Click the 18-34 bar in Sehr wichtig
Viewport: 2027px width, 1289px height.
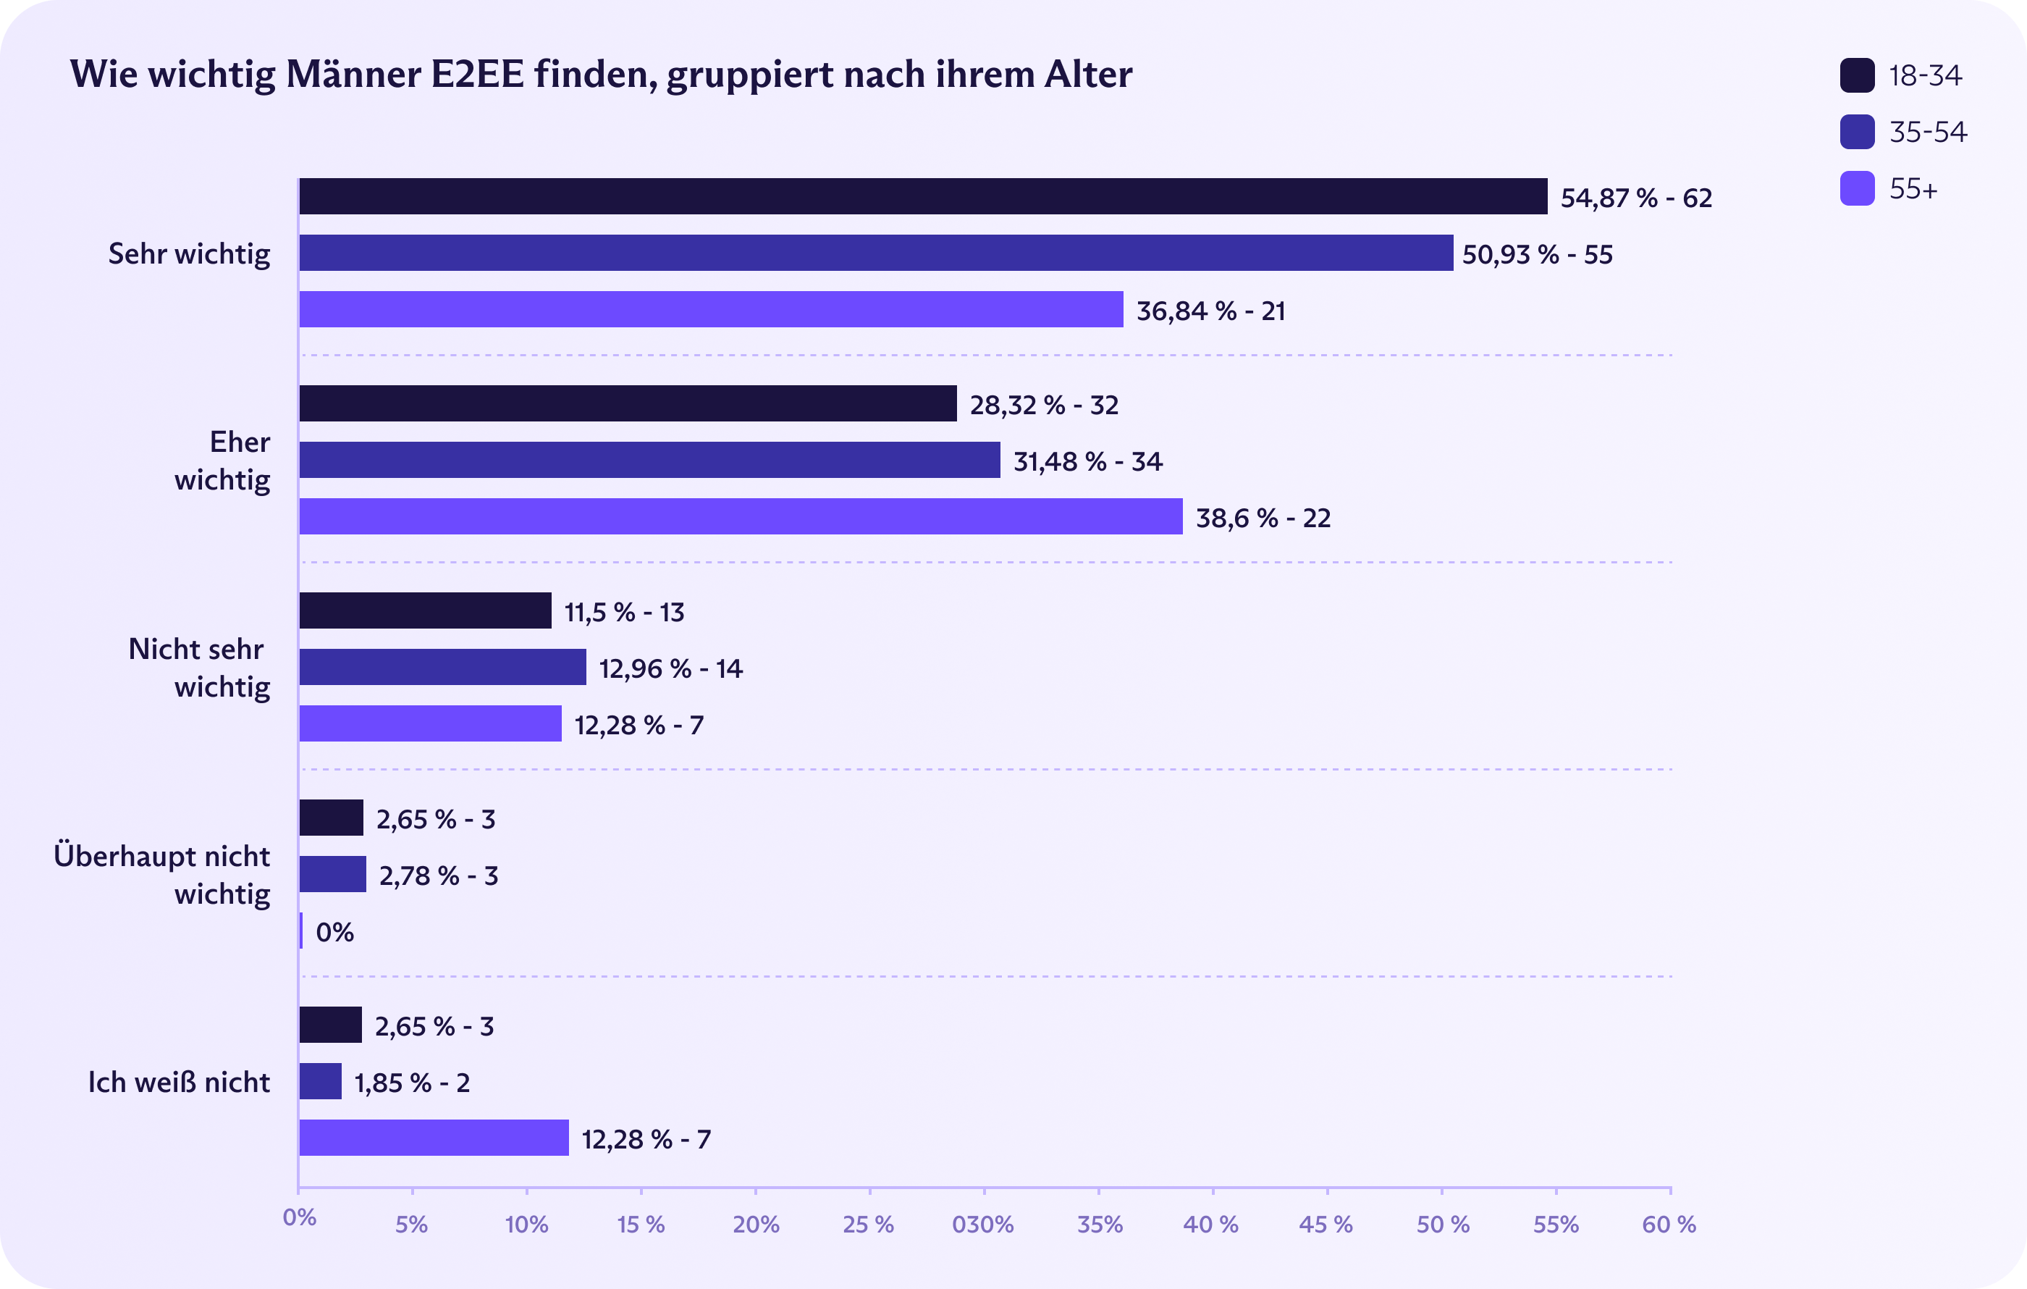[922, 196]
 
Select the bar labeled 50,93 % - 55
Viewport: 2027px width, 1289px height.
[875, 253]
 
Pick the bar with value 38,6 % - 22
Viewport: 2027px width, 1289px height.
[741, 516]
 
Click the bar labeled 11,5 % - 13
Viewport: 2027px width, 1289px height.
[425, 610]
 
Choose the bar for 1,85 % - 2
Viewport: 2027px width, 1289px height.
[320, 1081]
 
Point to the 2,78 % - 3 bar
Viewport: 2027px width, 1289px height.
[332, 874]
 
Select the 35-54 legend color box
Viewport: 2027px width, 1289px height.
[1857, 133]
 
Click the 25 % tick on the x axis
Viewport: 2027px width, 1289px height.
[869, 1224]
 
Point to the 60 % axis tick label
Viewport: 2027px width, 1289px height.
[1669, 1224]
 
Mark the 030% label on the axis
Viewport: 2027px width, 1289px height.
[982, 1224]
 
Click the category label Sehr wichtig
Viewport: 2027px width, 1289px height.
[190, 253]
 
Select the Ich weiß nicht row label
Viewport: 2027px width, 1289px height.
[180, 1082]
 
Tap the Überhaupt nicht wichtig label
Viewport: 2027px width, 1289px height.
[162, 875]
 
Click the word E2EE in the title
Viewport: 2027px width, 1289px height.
[476, 74]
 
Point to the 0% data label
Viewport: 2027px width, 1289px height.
[334, 932]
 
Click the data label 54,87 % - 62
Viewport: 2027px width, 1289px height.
[1635, 198]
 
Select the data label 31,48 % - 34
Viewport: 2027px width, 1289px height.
[1087, 461]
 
